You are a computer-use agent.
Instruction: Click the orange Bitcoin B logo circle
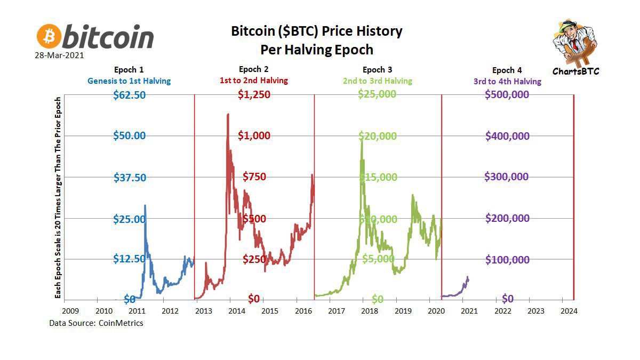[x=49, y=36]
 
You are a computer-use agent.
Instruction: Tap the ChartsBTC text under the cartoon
[x=575, y=70]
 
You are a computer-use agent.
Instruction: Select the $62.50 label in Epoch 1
[x=130, y=94]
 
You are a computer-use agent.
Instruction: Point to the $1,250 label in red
[x=254, y=94]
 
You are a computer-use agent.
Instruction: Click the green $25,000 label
[x=377, y=94]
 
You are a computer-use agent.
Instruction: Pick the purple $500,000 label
[x=507, y=94]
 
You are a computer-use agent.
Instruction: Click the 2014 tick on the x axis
[x=236, y=310]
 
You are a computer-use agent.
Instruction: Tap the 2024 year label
[x=569, y=310]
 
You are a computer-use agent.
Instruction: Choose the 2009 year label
[x=71, y=310]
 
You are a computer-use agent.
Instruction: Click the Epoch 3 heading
[x=377, y=70]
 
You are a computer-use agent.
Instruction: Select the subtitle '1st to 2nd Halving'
[x=254, y=81]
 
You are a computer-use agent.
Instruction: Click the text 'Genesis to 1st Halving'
[x=130, y=81]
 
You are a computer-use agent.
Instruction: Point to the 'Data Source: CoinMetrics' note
[x=96, y=323]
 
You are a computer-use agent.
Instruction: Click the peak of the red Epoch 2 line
[x=228, y=114]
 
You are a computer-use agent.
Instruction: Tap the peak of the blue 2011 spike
[x=145, y=205]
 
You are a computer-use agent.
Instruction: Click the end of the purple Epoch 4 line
[x=468, y=277]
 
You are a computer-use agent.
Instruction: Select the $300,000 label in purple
[x=507, y=177]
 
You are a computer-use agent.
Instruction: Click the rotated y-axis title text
[x=59, y=197]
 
